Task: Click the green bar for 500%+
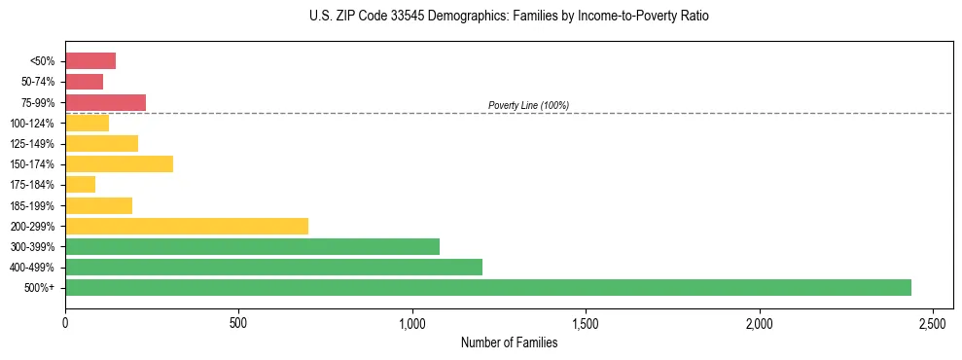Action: (487, 287)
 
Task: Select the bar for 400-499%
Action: (273, 267)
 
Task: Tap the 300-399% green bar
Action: (252, 246)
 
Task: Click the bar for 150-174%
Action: (119, 163)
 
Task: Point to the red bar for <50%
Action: (90, 60)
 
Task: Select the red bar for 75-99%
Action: (105, 102)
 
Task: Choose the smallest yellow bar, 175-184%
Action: (80, 184)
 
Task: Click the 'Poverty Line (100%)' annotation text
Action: (528, 105)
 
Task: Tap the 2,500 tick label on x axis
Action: (932, 323)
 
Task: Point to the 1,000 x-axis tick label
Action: (412, 323)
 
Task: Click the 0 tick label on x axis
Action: (65, 323)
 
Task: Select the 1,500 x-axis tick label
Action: (586, 323)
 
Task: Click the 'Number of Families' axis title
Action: (509, 342)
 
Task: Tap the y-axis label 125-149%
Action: (33, 144)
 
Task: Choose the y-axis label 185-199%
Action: (33, 205)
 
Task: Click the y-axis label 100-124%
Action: (33, 123)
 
